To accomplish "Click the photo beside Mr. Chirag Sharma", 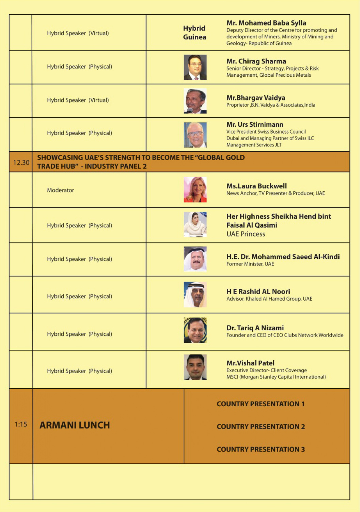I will (195, 67).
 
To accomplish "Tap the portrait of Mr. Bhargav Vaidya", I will (195, 101).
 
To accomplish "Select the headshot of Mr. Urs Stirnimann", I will (195, 135).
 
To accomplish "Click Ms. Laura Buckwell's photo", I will (195, 190).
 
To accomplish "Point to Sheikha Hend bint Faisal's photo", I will (195, 224).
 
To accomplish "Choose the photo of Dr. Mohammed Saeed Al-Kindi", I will (195, 259).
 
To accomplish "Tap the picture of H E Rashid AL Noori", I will (195, 295).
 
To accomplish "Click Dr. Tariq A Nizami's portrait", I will (195, 330).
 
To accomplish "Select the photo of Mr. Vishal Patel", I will (195, 367).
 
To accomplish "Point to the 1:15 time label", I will (21, 424).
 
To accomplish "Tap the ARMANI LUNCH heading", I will (75, 425).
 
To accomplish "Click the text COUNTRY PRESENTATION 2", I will (261, 426).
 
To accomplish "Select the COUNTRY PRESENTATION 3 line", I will (261, 449).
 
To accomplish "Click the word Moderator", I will (60, 190).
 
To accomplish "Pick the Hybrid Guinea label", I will (194, 33).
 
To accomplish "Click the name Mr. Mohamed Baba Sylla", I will (266, 23).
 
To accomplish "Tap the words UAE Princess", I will (246, 234).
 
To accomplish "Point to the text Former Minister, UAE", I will (250, 264).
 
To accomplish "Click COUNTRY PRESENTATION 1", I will (261, 404).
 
